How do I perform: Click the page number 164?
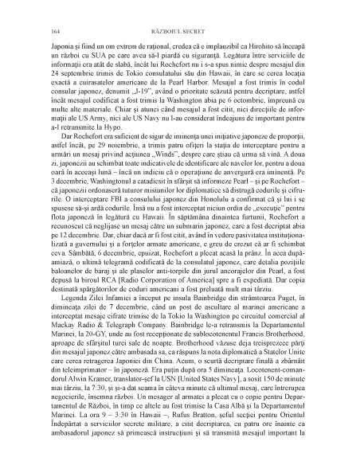click(x=54, y=31)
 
